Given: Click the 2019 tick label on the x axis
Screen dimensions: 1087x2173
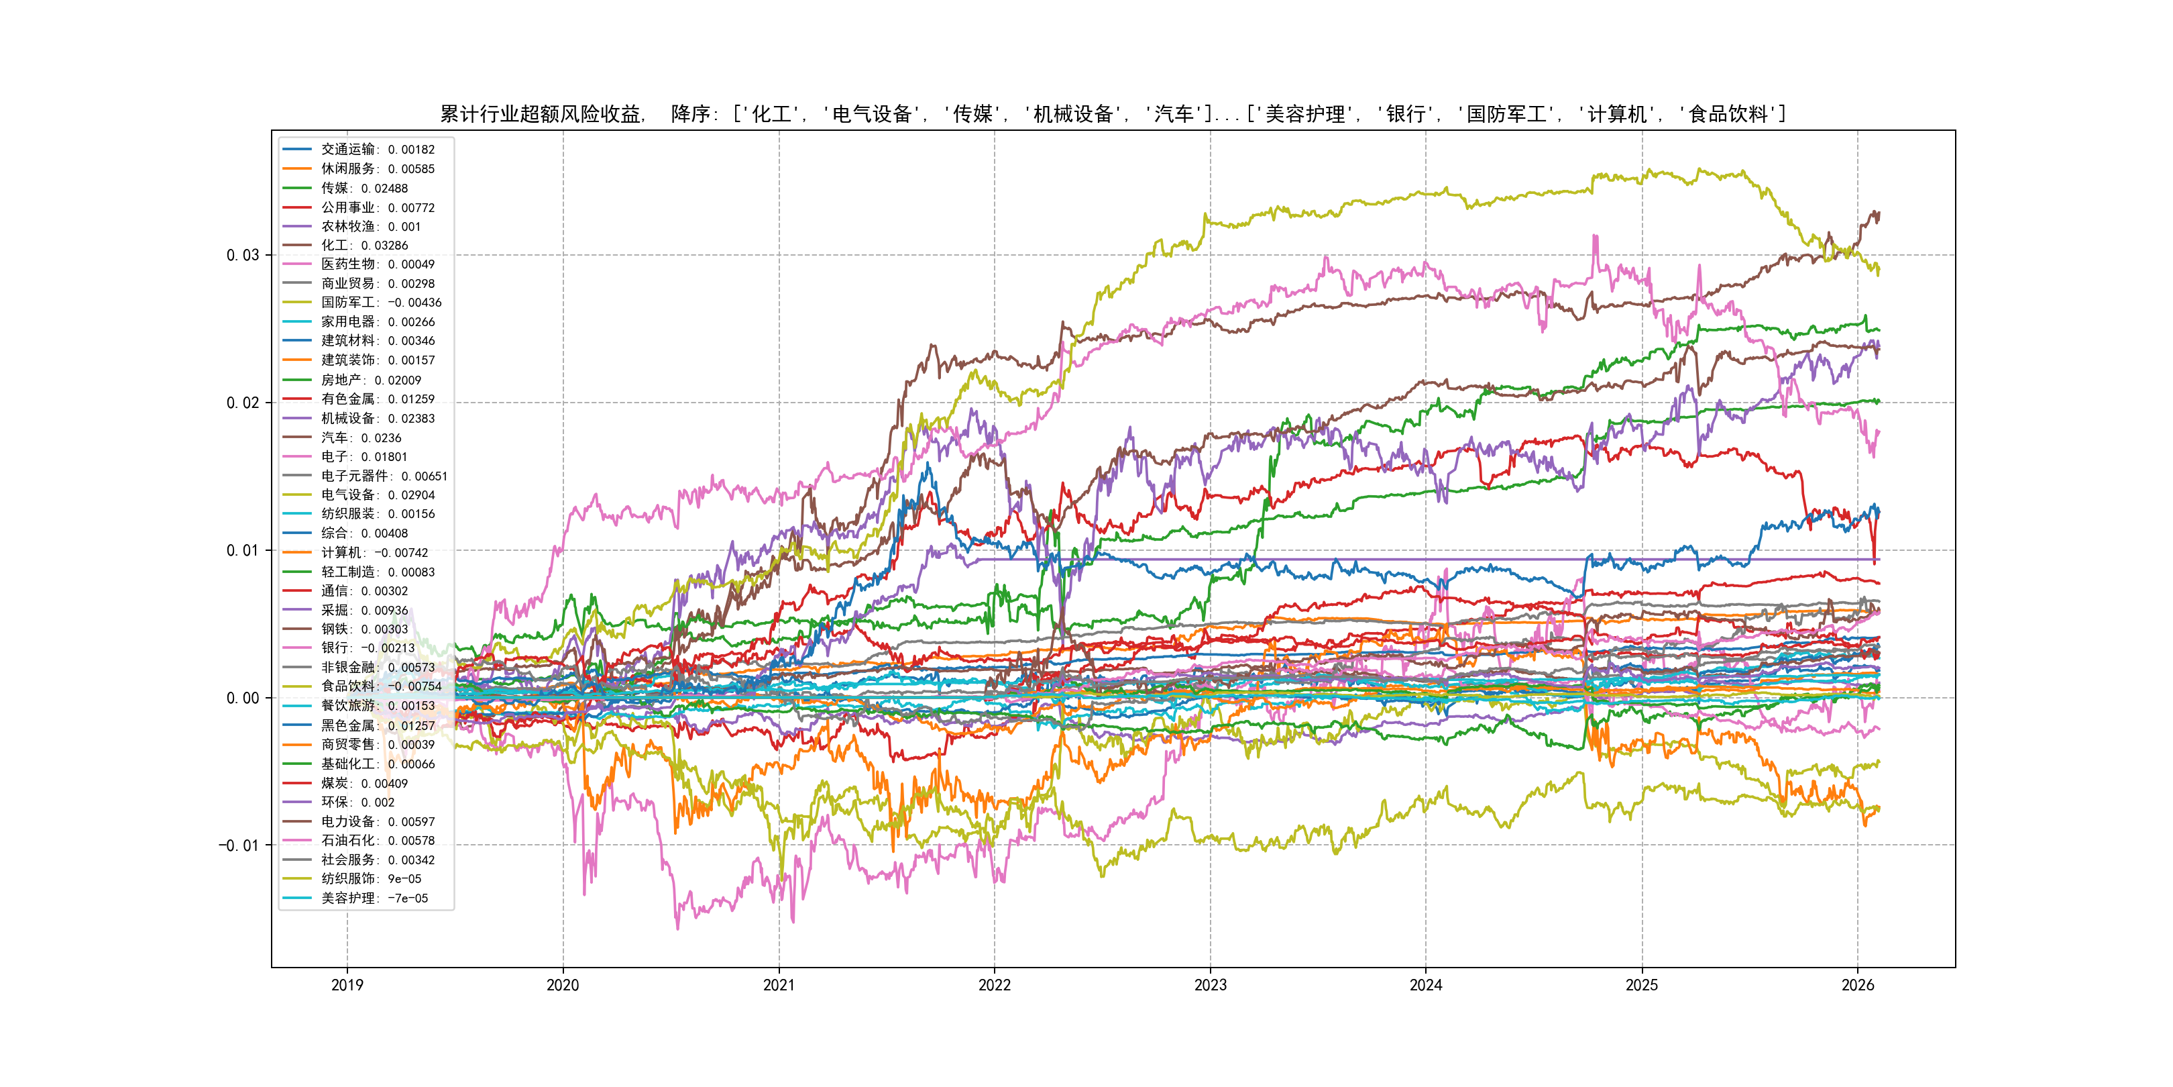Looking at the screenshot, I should tap(347, 985).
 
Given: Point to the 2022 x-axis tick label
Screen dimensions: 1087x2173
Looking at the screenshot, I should tap(994, 985).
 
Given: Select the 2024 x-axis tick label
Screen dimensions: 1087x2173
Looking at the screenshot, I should tap(1426, 985).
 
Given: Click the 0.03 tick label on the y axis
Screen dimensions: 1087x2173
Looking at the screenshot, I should tap(242, 256).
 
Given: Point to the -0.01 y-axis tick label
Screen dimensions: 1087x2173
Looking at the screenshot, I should tap(239, 845).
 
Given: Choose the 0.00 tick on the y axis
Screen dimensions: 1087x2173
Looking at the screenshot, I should tap(242, 698).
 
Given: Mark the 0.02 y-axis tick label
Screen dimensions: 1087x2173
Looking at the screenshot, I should tap(242, 403).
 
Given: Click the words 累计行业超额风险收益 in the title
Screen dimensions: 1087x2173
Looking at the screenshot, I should tap(541, 114).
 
